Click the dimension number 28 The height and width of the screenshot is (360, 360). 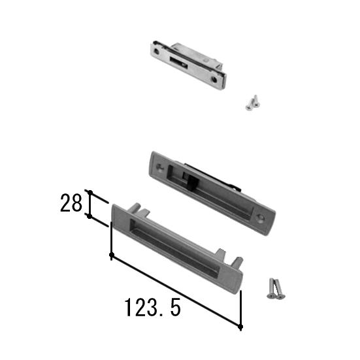71,203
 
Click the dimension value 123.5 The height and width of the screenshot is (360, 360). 153,308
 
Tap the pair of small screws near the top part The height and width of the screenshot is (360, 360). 253,103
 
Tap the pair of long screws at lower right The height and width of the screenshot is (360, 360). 276,289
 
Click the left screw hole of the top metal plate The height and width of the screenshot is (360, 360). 156,52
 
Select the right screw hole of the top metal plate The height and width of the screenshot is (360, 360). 214,80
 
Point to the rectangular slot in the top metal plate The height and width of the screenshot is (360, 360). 178,63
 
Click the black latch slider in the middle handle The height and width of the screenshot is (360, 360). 192,183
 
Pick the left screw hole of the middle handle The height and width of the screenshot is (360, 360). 160,167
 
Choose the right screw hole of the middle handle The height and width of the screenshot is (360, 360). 260,217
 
